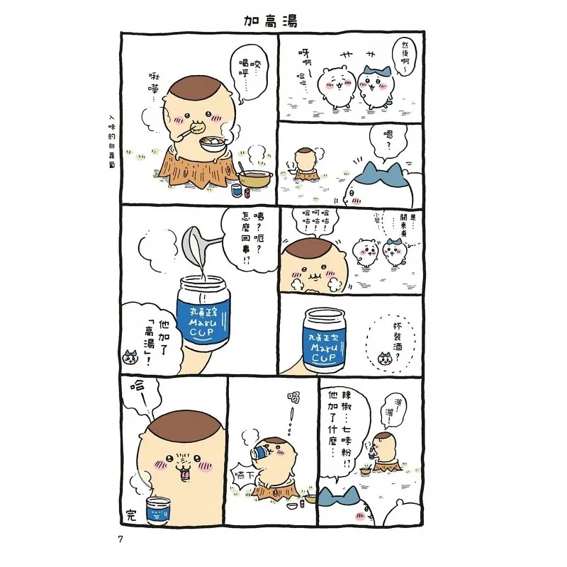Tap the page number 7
click(x=121, y=541)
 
